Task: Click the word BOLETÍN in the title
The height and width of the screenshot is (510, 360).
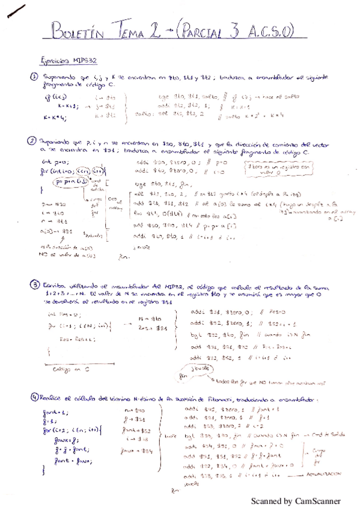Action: [79, 32]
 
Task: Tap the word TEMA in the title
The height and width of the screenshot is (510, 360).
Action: [134, 31]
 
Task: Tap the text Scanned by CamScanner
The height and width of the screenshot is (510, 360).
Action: [295, 500]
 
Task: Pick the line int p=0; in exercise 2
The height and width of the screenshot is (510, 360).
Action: [51, 163]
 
